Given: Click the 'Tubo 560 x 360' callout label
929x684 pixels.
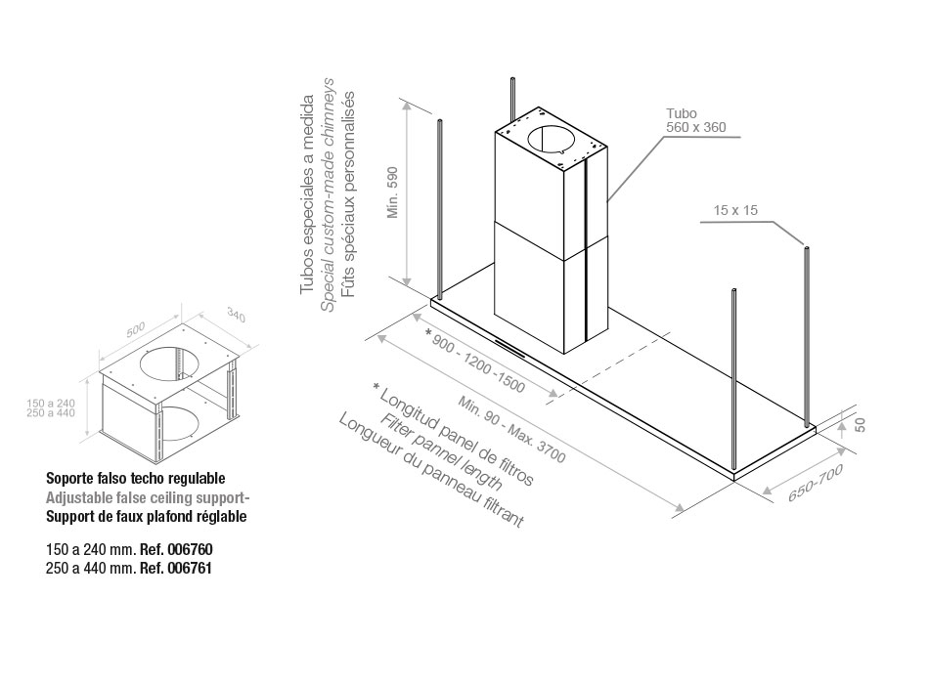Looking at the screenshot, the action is pyautogui.click(x=695, y=120).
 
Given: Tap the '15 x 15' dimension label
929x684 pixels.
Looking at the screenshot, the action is pyautogui.click(x=735, y=210).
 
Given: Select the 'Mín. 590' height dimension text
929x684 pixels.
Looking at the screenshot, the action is pyautogui.click(x=393, y=192).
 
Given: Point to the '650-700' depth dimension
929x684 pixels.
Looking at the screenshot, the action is pyautogui.click(x=815, y=484).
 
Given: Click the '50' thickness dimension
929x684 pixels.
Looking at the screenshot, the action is pyautogui.click(x=861, y=425).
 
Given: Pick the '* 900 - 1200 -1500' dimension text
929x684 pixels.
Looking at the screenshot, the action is pyautogui.click(x=475, y=362).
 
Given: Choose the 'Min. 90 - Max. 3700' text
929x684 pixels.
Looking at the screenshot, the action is pyautogui.click(x=511, y=429).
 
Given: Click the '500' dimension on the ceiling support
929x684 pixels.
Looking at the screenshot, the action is pyautogui.click(x=136, y=330).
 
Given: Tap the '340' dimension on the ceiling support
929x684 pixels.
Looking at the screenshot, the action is pyautogui.click(x=236, y=316).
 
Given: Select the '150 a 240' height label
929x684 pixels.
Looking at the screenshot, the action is pyautogui.click(x=51, y=404).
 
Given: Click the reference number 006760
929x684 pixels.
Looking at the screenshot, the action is pyautogui.click(x=190, y=549).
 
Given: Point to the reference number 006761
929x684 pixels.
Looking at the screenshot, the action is pyautogui.click(x=190, y=569).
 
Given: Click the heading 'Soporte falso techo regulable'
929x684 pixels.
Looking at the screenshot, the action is pyautogui.click(x=136, y=478).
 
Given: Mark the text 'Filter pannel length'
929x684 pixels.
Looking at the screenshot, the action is pyautogui.click(x=441, y=451).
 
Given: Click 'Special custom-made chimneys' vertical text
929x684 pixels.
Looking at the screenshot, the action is pyautogui.click(x=329, y=194).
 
